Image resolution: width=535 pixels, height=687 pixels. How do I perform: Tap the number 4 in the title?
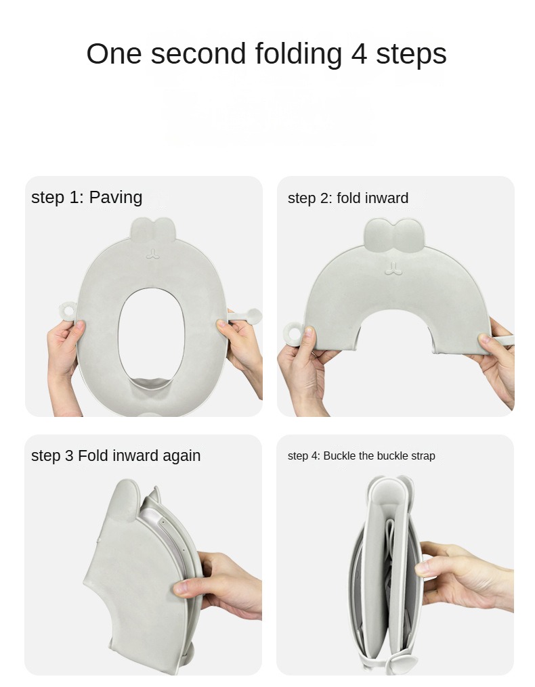click(359, 54)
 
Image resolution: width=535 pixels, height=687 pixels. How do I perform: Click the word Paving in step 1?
click(116, 198)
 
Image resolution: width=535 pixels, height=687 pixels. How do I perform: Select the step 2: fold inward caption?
click(348, 198)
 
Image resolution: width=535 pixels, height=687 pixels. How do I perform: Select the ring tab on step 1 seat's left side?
click(68, 310)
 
